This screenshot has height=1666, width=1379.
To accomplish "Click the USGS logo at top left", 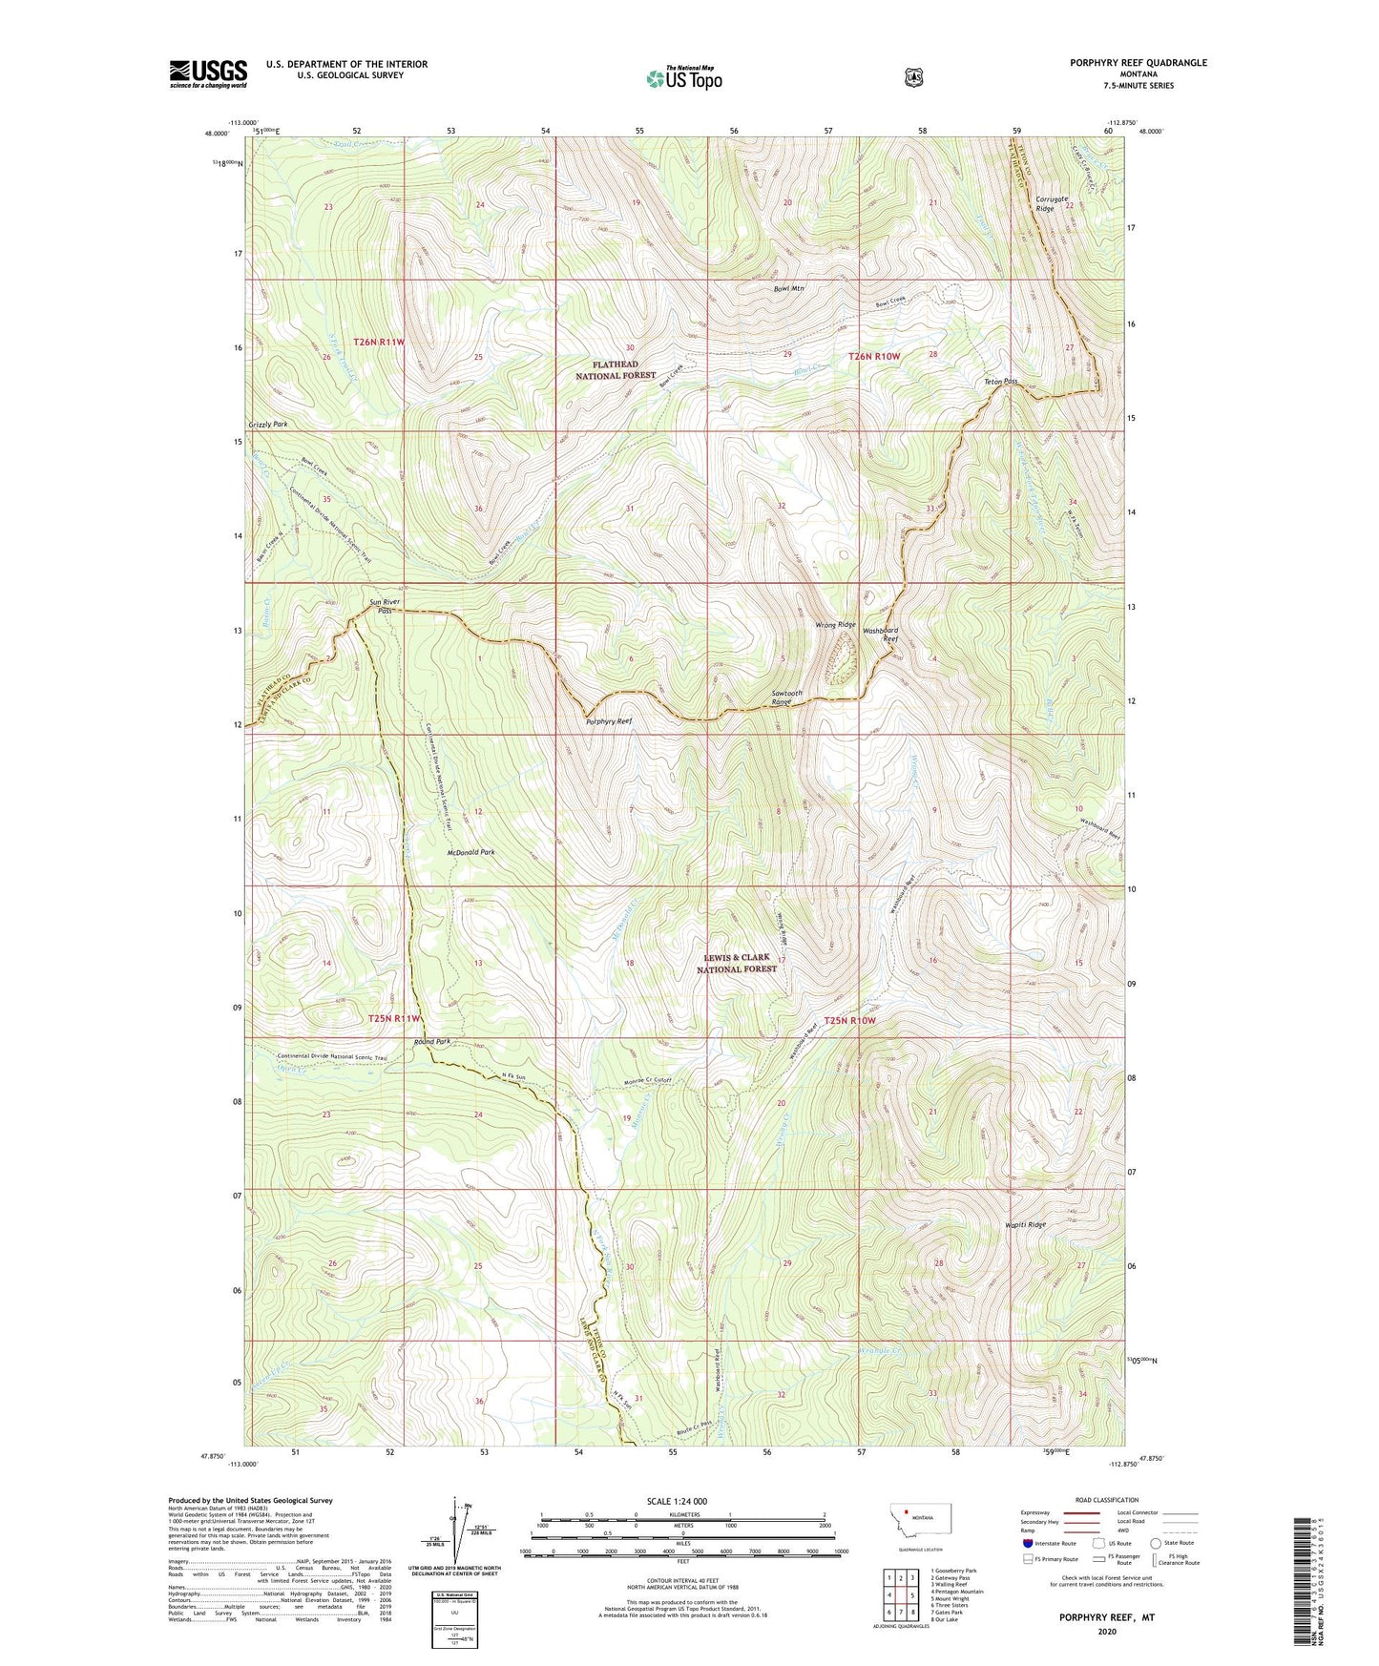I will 208,73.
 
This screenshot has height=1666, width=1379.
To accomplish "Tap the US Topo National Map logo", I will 683,78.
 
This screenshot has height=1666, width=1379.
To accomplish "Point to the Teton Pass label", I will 1001,382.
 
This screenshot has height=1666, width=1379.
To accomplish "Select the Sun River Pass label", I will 381,606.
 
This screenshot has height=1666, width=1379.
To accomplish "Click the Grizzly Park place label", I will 268,424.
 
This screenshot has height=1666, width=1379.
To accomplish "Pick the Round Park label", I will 431,1042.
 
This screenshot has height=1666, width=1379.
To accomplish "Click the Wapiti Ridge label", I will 1025,1224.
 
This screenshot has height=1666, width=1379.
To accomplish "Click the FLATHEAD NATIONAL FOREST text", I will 615,370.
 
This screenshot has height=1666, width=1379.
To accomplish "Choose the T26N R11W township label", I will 380,342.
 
